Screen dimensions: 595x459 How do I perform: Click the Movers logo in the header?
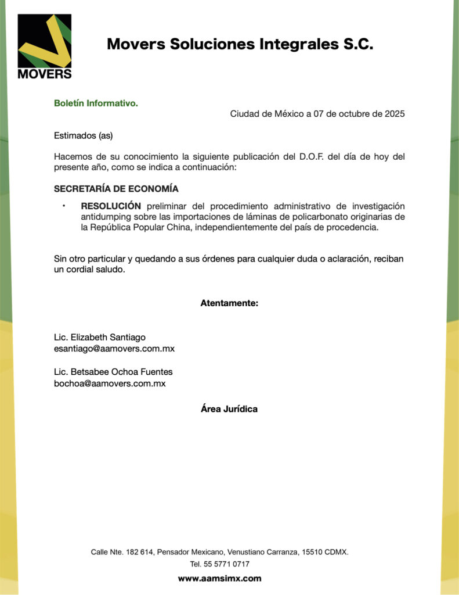coord(45,46)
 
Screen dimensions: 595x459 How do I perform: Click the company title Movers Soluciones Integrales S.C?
coord(240,44)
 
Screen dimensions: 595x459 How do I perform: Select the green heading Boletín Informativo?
coord(96,103)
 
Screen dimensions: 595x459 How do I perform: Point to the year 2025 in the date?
coord(395,114)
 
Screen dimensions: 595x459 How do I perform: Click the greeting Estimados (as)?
coord(83,136)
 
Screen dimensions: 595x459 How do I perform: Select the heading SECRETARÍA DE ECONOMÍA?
coord(116,189)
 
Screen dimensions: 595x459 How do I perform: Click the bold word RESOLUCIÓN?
coord(111,206)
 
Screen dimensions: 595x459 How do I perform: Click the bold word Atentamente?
coord(229,303)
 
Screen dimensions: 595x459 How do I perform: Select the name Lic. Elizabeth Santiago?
coord(100,337)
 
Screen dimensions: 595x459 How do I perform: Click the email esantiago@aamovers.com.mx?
coord(114,349)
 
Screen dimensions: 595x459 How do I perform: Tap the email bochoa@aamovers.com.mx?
coord(110,383)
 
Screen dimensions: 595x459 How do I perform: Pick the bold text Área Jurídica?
coord(229,409)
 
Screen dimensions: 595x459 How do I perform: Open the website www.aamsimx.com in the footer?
coord(219,578)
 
